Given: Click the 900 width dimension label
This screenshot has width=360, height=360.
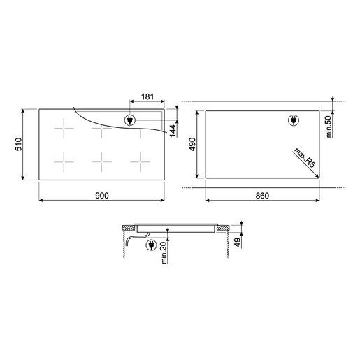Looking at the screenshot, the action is click(102, 196).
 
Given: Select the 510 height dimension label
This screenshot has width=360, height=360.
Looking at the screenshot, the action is click(18, 144).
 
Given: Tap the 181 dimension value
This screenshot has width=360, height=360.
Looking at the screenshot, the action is click(147, 96).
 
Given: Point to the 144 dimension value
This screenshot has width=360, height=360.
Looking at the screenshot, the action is click(173, 131).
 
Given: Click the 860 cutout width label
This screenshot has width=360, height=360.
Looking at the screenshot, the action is click(262, 196).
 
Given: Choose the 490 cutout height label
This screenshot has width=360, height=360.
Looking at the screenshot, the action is click(192, 144).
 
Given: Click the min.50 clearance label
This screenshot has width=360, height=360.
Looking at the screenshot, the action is click(329, 127).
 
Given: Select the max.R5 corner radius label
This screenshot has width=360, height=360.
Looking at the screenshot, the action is click(305, 157).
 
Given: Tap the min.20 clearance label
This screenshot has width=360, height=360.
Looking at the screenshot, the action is click(164, 253).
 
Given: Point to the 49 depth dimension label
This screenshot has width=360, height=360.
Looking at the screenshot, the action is click(238, 243).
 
